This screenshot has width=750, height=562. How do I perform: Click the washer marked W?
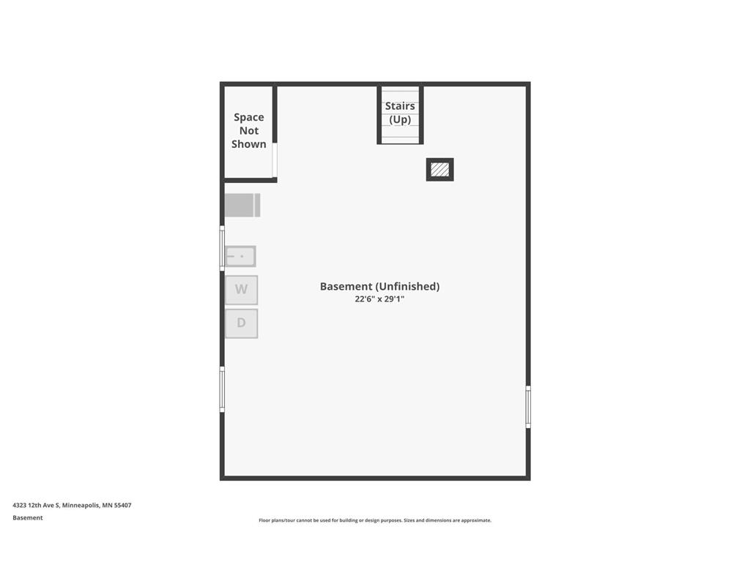tap(241, 290)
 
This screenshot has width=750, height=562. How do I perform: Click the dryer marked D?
tap(241, 323)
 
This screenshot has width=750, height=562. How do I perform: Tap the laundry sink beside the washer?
tap(240, 256)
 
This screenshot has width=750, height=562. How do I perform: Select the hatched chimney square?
tap(439, 170)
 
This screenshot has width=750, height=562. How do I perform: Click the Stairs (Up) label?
tap(400, 113)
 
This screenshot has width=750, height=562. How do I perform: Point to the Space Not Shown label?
tap(248, 130)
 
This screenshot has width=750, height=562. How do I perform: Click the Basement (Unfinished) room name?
tap(379, 286)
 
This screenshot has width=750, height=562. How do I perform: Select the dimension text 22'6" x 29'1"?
tap(379, 299)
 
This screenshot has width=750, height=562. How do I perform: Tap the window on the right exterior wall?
tap(528, 407)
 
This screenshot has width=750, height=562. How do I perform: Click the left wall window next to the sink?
tap(222, 248)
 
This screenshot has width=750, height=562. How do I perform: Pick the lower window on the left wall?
tap(222, 389)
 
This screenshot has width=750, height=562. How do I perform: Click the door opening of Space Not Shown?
tap(275, 160)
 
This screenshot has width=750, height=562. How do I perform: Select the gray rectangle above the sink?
tap(242, 205)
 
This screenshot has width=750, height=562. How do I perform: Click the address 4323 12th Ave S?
tap(35, 505)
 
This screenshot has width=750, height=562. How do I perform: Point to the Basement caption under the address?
tap(28, 517)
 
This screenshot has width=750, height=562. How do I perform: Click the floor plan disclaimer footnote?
tap(374, 520)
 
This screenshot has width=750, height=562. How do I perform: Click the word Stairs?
tap(400, 106)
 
